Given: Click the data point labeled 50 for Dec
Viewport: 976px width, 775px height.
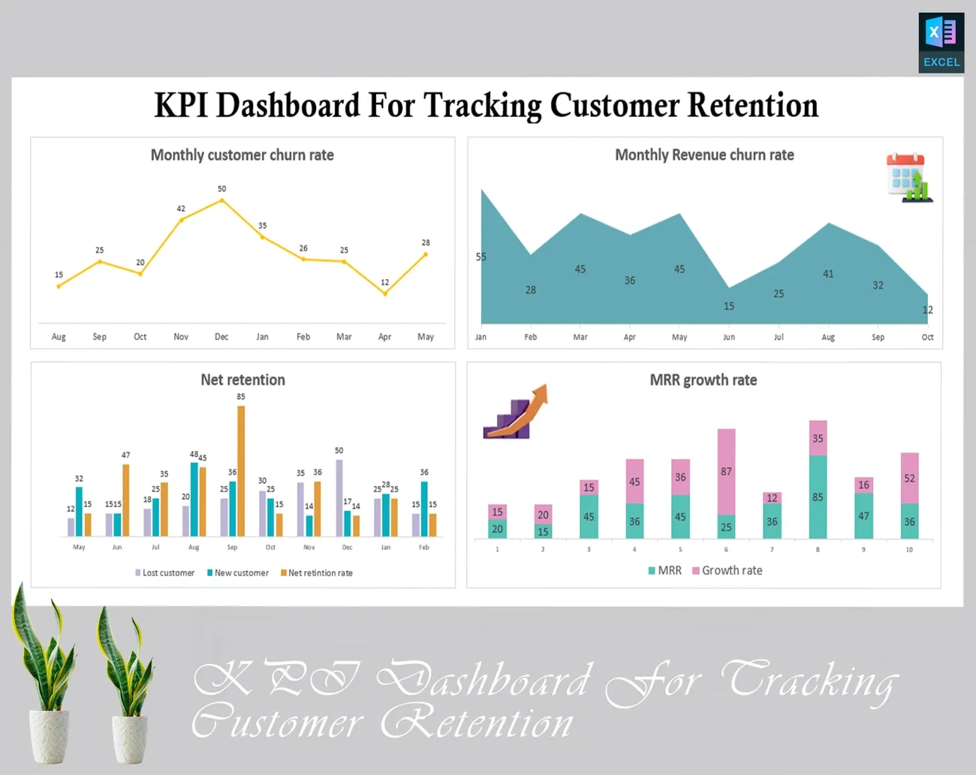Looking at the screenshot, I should click(221, 200).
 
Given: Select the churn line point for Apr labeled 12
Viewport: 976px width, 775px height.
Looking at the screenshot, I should click(385, 293).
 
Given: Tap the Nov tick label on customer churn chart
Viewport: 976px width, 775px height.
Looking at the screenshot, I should click(181, 337).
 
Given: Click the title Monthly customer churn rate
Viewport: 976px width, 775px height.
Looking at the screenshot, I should click(242, 155).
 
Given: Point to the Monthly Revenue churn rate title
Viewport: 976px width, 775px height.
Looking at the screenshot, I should click(704, 155).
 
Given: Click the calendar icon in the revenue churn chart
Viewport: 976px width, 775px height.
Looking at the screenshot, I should click(908, 178).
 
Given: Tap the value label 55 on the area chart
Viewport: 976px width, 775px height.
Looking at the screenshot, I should click(481, 257).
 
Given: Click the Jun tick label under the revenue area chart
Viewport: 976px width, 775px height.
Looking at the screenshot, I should click(729, 338).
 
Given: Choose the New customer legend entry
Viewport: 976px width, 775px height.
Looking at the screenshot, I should click(237, 573).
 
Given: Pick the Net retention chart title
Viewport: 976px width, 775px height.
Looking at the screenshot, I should click(242, 380).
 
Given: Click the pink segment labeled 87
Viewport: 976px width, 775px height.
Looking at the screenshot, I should click(726, 471).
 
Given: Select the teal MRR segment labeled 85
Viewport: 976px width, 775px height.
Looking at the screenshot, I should click(818, 497).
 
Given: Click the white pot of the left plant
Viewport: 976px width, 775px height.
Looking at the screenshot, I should click(49, 736).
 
